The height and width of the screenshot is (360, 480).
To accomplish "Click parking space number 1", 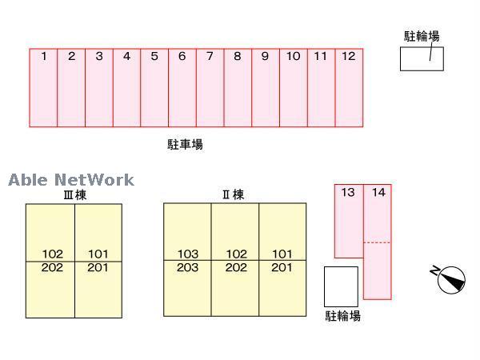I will (x=44, y=88).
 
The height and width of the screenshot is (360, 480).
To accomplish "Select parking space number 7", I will (x=210, y=88).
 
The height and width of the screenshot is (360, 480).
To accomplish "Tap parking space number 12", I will (x=349, y=88).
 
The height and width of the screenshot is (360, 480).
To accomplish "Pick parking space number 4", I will (x=126, y=88).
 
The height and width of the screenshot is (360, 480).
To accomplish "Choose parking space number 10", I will (x=293, y=88).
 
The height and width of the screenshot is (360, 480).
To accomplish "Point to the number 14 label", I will (x=379, y=192).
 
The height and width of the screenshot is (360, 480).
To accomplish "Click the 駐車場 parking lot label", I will (x=185, y=145).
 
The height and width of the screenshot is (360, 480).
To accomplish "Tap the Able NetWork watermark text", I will (x=71, y=180).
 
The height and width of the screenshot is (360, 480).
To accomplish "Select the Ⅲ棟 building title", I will (x=74, y=194).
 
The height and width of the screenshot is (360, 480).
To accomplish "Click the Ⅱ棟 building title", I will (x=233, y=194).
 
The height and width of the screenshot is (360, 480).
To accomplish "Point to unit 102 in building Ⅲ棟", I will (x=52, y=255).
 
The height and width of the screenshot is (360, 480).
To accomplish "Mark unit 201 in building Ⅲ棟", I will (x=98, y=267).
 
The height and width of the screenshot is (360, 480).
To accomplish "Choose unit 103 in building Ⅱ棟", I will (x=187, y=255).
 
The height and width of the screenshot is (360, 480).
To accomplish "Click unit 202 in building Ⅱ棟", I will (x=235, y=267).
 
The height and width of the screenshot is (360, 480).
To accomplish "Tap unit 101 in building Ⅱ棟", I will (x=282, y=255).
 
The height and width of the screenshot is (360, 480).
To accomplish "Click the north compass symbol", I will (x=450, y=278).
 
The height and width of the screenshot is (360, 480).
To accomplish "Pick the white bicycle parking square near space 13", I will (x=341, y=286).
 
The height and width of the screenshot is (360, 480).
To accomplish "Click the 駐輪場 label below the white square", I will (x=342, y=316).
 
